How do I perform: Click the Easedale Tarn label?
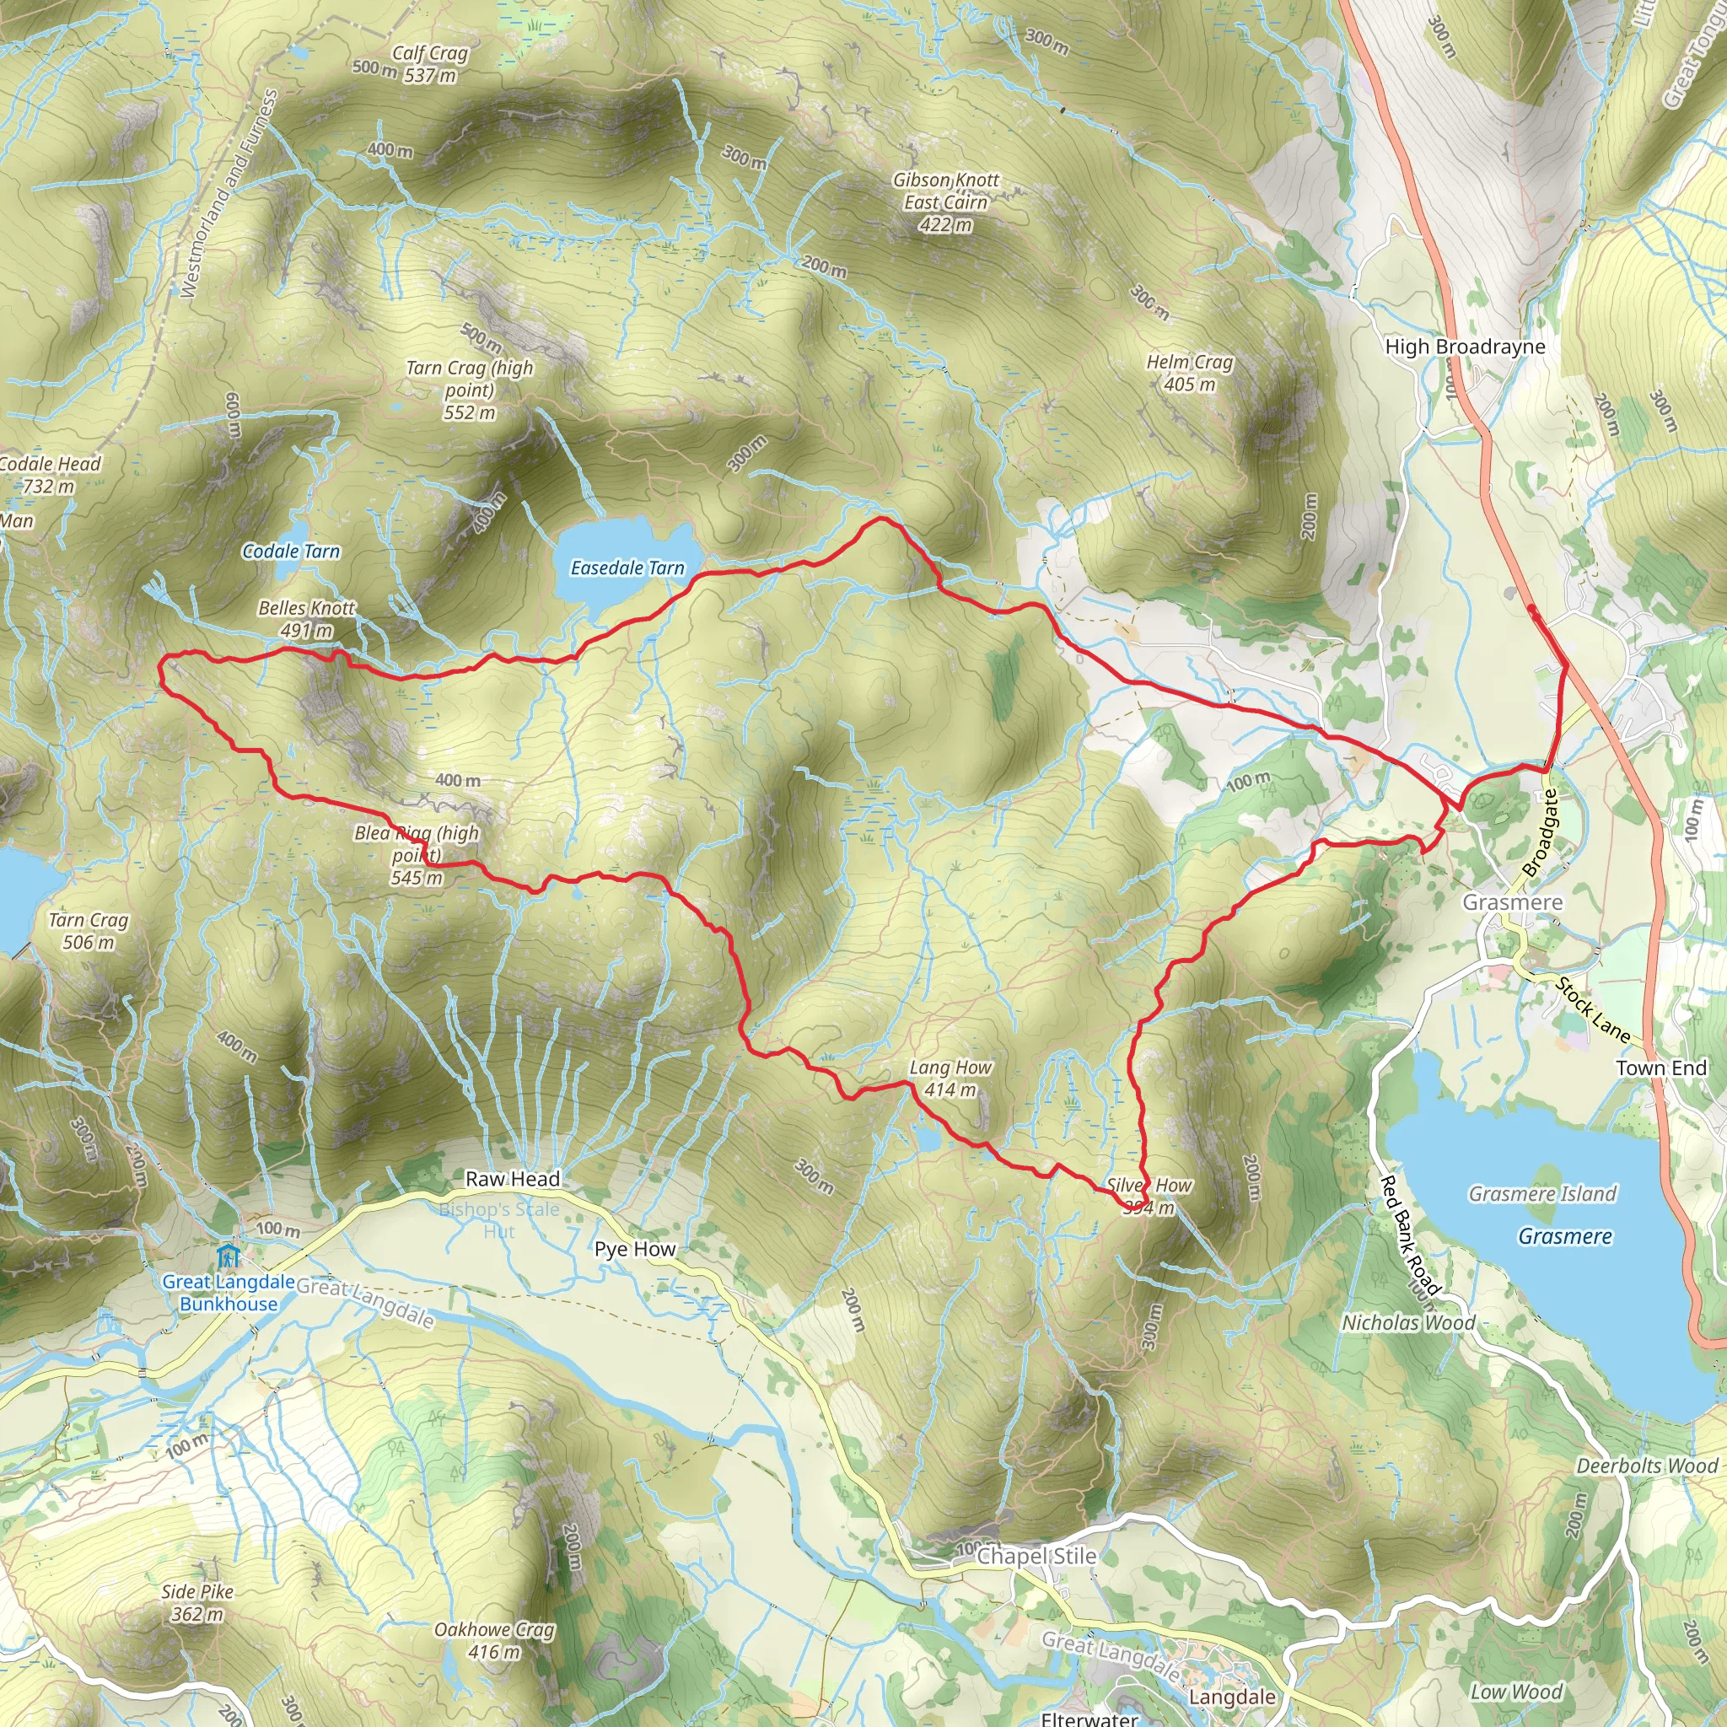pyautogui.click(x=627, y=568)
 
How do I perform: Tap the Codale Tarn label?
pyautogui.click(x=292, y=551)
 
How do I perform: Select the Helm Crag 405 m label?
pyautogui.click(x=1190, y=373)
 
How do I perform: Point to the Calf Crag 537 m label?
pyautogui.click(x=430, y=64)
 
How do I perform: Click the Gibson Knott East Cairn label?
pyautogui.click(x=946, y=202)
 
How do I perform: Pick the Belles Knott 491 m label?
pyautogui.click(x=307, y=619)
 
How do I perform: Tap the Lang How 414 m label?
pyautogui.click(x=950, y=1078)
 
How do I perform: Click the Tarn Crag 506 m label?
pyautogui.click(x=89, y=931)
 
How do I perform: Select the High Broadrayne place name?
pyautogui.click(x=1465, y=347)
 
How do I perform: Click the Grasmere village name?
pyautogui.click(x=1513, y=902)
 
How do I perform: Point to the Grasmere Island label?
pyautogui.click(x=1543, y=1193)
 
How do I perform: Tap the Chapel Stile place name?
pyautogui.click(x=1037, y=1557)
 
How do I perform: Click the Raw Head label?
pyautogui.click(x=512, y=1179)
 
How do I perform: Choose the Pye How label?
pyautogui.click(x=636, y=1249)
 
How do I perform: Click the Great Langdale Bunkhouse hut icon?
pyautogui.click(x=228, y=1256)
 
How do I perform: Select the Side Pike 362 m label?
pyautogui.click(x=197, y=1603)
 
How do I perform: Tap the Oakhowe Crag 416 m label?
pyautogui.click(x=494, y=1640)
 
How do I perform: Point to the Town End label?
pyautogui.click(x=1661, y=1068)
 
